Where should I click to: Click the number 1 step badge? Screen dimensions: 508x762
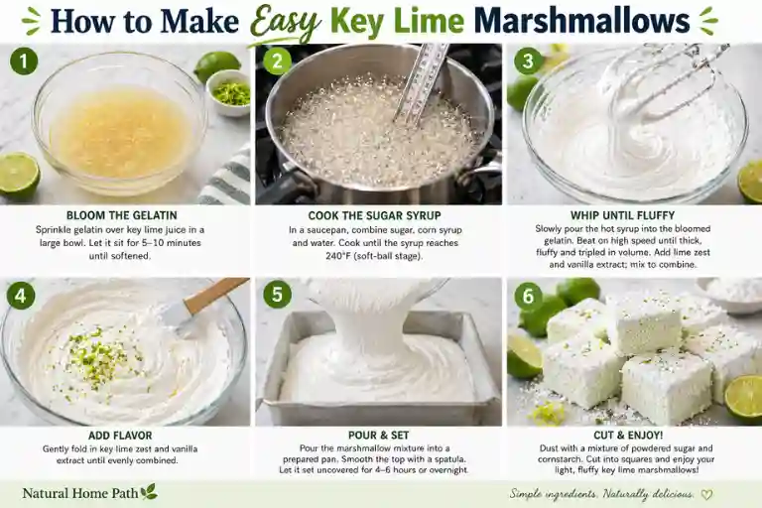pos(24,62)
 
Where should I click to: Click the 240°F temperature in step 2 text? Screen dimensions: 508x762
pos(288,257)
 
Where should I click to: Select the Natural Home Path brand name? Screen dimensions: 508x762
pos(79,492)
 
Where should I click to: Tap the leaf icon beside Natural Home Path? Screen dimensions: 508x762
pos(148,491)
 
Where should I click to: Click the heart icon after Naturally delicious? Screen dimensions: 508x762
pos(705,493)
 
